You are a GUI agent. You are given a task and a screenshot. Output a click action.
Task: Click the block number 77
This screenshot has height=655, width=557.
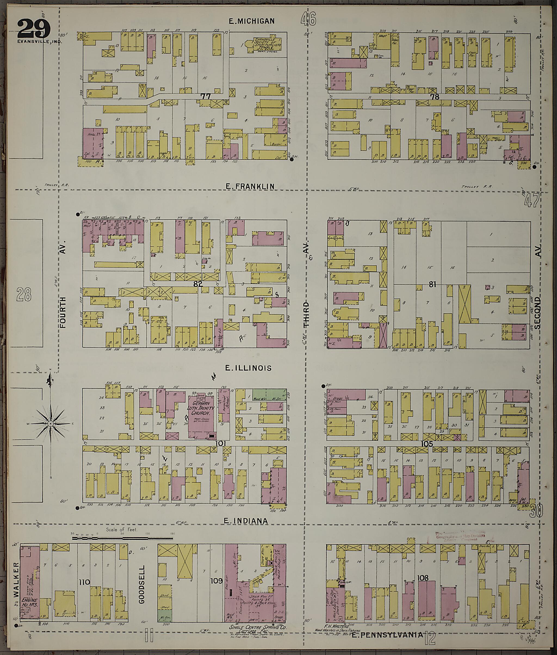[x=206, y=96]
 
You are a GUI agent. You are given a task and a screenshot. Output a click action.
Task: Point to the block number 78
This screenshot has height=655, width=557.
[x=435, y=97]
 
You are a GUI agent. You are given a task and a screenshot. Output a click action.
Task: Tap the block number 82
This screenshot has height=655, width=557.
[x=198, y=284]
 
